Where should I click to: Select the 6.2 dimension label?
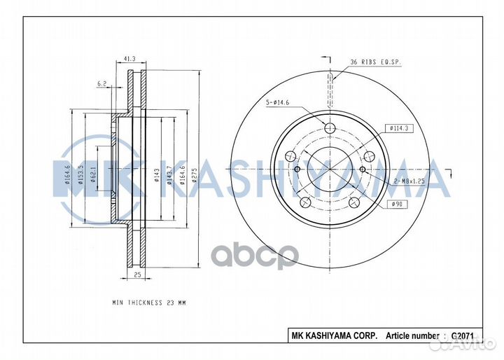pos(103,83)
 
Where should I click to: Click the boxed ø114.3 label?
pos(400,128)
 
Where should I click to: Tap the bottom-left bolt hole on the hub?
pos(304,203)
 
